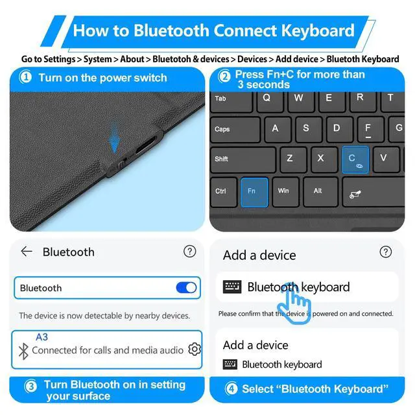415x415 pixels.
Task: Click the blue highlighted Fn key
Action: [254, 192]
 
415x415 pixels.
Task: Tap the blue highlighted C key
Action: [355, 159]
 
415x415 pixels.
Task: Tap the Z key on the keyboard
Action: [290, 158]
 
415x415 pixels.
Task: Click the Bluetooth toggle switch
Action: [186, 287]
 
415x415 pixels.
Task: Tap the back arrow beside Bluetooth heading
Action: [27, 252]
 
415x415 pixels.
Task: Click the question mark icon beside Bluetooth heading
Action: [189, 252]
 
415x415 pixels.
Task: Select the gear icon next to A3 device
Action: [194, 350]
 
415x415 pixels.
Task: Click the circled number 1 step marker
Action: [26, 78]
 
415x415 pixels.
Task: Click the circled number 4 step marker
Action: [231, 389]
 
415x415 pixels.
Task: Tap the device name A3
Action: [41, 337]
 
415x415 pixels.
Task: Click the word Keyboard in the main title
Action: [318, 30]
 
